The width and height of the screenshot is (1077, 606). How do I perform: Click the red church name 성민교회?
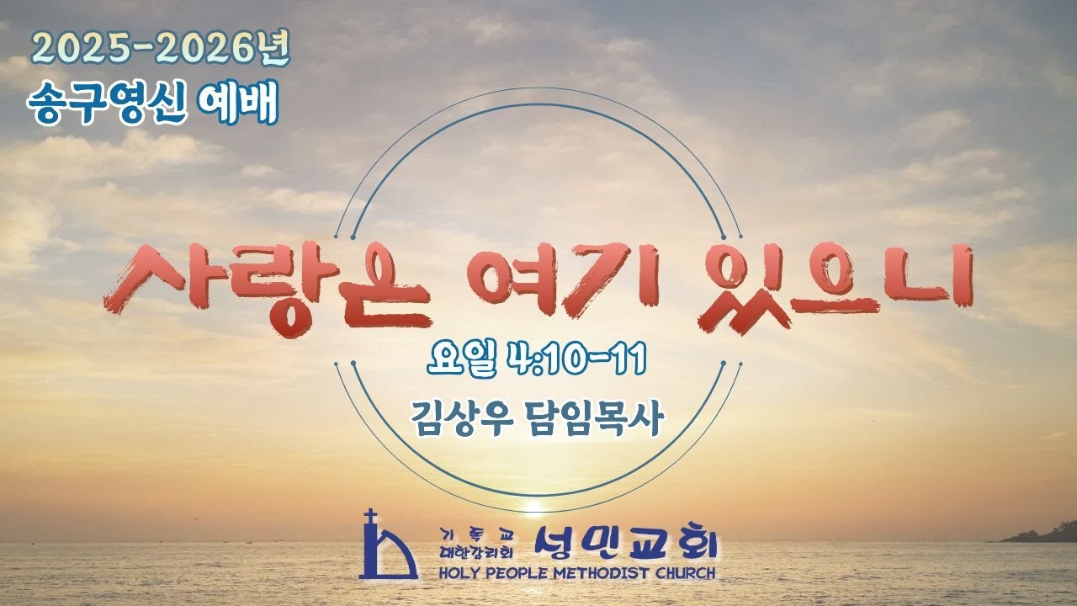pos(627,545)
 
